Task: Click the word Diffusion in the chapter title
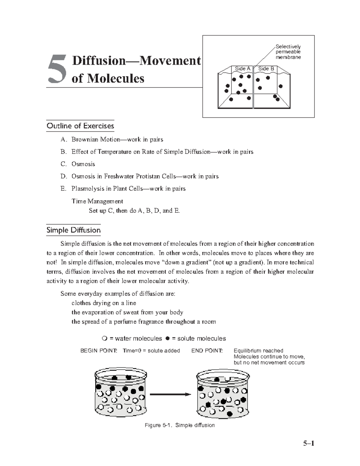(x=99, y=61)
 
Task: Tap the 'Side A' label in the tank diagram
(x=242, y=69)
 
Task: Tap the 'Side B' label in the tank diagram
(x=266, y=69)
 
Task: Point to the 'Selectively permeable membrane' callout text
(x=288, y=52)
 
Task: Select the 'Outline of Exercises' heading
(x=80, y=126)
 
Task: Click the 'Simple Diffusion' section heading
(x=73, y=230)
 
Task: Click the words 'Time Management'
(x=97, y=201)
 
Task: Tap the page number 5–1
(x=308, y=443)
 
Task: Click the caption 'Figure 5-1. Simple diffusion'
(x=180, y=425)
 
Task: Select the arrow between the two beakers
(x=170, y=394)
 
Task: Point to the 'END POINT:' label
(x=207, y=351)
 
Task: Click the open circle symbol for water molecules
(x=104, y=339)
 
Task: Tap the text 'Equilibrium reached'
(x=258, y=351)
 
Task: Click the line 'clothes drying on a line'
(x=104, y=303)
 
